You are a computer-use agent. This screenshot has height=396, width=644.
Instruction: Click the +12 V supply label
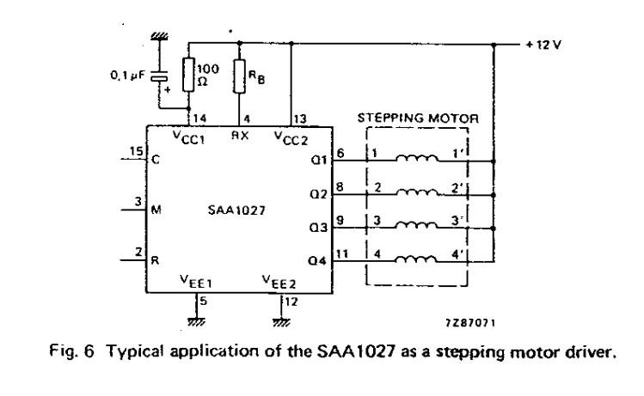543,45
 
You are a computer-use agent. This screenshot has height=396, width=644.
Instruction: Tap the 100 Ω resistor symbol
188,74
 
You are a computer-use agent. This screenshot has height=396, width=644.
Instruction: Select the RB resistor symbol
239,76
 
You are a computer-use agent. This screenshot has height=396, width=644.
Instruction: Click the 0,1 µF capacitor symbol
159,76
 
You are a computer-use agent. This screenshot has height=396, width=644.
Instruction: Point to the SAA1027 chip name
236,210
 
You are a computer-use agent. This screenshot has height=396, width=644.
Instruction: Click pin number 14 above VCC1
199,119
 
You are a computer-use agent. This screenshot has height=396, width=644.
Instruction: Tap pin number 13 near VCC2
300,119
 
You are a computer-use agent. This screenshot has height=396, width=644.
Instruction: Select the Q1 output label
320,160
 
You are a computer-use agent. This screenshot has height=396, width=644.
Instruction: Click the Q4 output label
317,260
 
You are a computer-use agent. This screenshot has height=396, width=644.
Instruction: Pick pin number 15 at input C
137,151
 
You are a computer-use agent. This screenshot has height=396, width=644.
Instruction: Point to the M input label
156,210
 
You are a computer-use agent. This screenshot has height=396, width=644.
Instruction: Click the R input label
155,260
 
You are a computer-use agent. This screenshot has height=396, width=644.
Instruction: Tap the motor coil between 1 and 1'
417,158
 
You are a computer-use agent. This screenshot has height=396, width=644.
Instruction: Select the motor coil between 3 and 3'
416,225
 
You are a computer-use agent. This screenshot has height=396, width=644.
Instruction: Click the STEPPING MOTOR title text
418,119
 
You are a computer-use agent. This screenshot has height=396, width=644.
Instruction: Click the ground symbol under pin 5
196,322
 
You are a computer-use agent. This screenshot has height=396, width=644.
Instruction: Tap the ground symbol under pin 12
281,322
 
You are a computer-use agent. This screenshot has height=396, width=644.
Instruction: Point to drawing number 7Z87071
470,323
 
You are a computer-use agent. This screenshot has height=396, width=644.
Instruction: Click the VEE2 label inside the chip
279,282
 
